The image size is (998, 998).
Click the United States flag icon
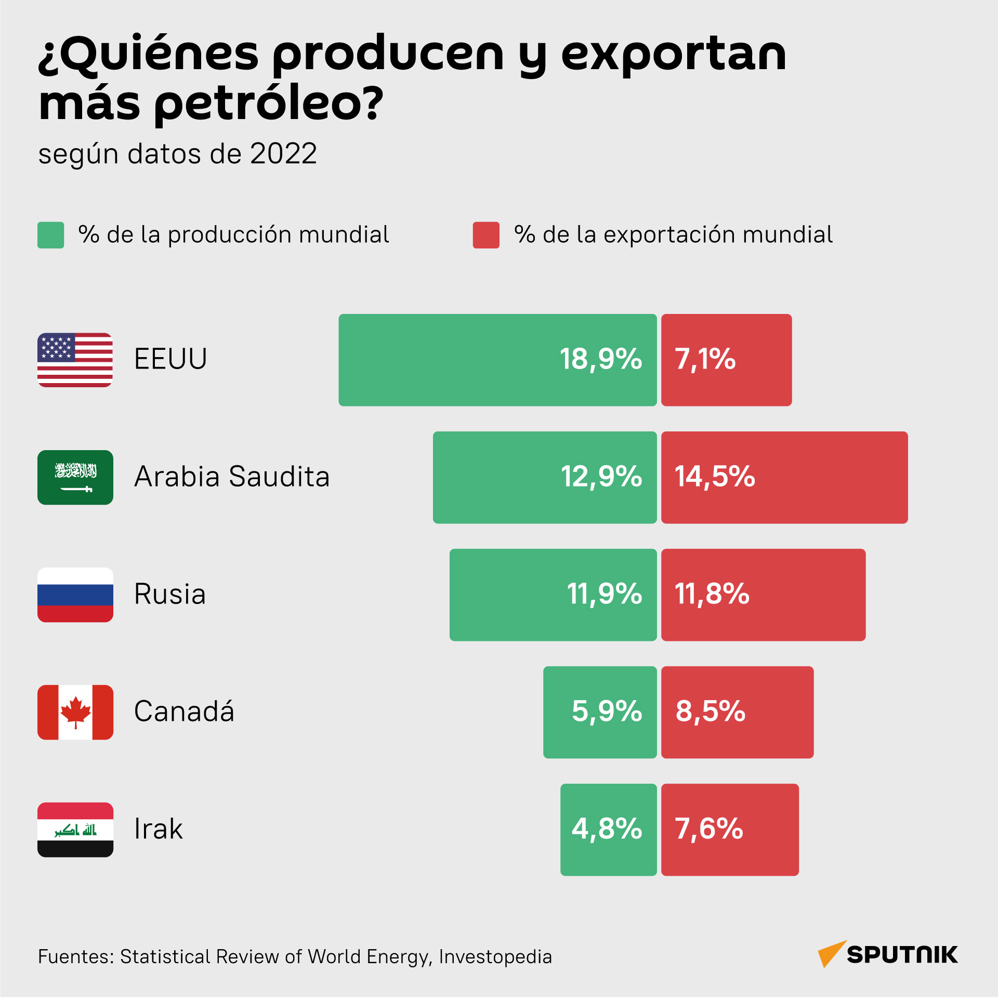75,360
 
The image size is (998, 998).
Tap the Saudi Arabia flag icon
75,477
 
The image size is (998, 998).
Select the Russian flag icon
75,595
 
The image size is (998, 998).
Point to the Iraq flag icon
75,830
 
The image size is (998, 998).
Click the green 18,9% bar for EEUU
497,360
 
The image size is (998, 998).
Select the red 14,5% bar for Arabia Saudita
784,477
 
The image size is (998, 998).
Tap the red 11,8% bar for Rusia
763,595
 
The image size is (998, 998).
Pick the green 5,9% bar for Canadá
600,712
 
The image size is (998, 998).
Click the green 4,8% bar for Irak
609,830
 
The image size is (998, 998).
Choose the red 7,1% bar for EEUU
726,360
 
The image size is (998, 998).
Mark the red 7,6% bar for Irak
730,830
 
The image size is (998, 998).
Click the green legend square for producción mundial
50,235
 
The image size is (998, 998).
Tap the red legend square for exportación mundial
486,235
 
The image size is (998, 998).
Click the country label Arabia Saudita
232,476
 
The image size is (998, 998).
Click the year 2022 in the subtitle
283,154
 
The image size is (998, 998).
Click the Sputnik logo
887,954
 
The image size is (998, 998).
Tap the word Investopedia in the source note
495,956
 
